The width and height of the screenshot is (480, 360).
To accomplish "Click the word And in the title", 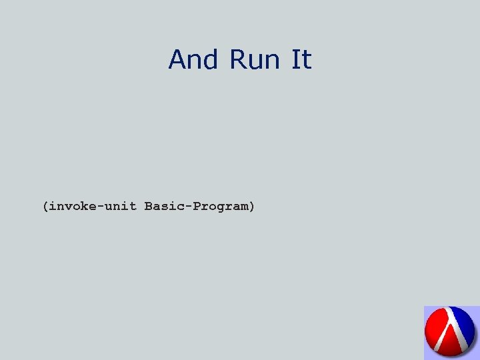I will pos(194,60).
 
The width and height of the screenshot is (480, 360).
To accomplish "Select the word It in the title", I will pos(301,60).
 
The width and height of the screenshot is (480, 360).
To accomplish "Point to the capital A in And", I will pos(177,60).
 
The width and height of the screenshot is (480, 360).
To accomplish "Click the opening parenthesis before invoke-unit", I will pos(45,207).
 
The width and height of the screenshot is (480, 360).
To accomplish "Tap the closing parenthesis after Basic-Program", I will pos(251,207).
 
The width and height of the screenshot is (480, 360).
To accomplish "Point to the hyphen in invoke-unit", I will pos(97,207).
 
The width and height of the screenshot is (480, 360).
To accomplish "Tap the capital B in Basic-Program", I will pos(149,207).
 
